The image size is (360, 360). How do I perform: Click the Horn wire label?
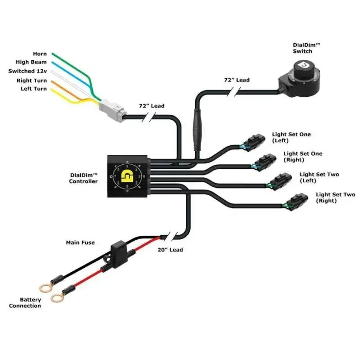pyautogui.click(x=40, y=54)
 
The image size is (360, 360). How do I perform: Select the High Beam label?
pyautogui.click(x=31, y=63)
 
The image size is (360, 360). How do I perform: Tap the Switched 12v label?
pyautogui.click(x=27, y=71)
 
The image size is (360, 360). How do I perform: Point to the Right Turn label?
pyautogui.click(x=31, y=81)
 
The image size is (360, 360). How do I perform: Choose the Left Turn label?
pyautogui.click(x=33, y=89)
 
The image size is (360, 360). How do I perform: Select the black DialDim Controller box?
pyautogui.click(x=127, y=176)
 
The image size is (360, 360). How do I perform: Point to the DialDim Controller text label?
pyautogui.click(x=84, y=178)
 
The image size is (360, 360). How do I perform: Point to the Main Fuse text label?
pyautogui.click(x=81, y=243)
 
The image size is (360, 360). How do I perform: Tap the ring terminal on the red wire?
pyautogui.click(x=58, y=297)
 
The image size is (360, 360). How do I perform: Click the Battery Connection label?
pyautogui.click(x=25, y=303)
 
